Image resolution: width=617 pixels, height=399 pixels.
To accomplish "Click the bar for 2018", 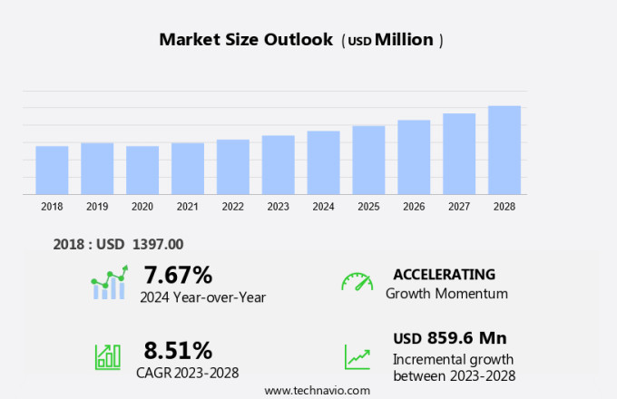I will [x=52, y=170].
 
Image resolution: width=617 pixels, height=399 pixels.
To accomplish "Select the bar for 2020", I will [x=142, y=170].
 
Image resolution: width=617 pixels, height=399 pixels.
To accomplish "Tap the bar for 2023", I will [x=279, y=164].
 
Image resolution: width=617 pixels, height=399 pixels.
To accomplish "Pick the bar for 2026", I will [x=414, y=157].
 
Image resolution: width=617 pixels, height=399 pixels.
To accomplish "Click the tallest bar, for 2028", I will [x=504, y=150].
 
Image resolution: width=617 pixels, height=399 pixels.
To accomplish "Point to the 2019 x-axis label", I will [x=97, y=207].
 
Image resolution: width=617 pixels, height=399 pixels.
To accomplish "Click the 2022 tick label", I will [x=233, y=207].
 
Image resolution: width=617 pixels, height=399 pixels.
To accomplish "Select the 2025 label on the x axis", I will [x=368, y=207].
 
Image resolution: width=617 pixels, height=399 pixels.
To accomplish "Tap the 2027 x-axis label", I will [x=459, y=207].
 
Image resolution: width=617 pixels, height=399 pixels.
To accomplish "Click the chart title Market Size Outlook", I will [x=246, y=40].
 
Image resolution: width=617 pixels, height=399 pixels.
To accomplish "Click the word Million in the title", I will [x=404, y=40].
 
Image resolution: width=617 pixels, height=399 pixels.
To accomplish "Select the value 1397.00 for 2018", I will [x=158, y=244].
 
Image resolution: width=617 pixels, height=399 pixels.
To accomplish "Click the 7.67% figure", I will [x=178, y=275].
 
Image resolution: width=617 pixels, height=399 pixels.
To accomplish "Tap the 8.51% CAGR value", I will [x=178, y=350].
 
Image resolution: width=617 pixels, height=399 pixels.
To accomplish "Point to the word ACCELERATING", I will [x=444, y=275].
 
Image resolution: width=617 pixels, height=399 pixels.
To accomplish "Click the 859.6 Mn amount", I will [x=466, y=338].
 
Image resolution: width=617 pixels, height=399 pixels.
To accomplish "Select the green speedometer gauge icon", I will [x=357, y=281].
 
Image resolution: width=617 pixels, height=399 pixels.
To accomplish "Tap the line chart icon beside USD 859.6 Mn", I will [x=357, y=356].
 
